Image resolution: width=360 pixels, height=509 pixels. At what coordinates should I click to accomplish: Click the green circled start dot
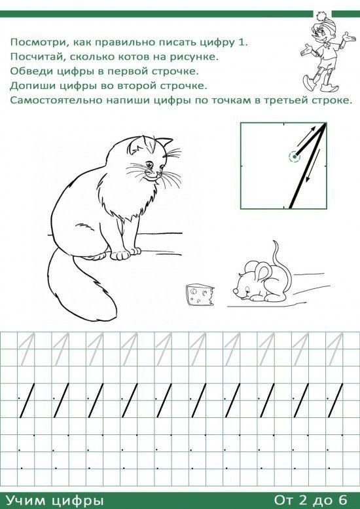[x=295, y=157]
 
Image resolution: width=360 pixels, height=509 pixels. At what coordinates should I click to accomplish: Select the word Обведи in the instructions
[x=30, y=71]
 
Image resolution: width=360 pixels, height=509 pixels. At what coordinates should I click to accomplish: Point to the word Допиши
[x=31, y=86]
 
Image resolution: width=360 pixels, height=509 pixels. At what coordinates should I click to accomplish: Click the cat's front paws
[x=125, y=254]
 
